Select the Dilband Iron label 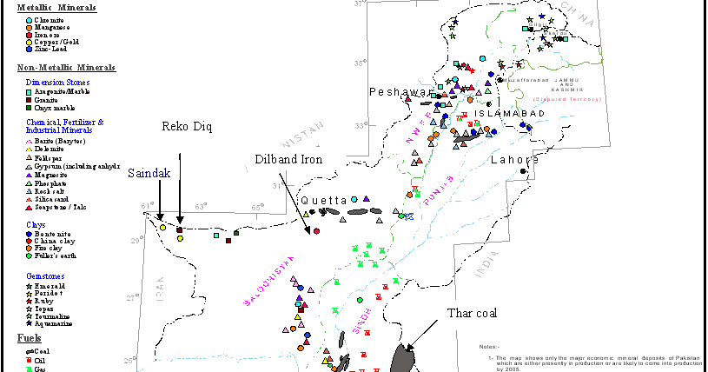288,159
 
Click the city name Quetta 324,200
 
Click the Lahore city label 514,160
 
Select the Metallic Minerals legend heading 56,7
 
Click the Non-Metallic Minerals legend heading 66,68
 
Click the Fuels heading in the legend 30,337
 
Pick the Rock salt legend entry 51,190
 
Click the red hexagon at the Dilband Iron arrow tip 316,231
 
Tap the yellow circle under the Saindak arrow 162,228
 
